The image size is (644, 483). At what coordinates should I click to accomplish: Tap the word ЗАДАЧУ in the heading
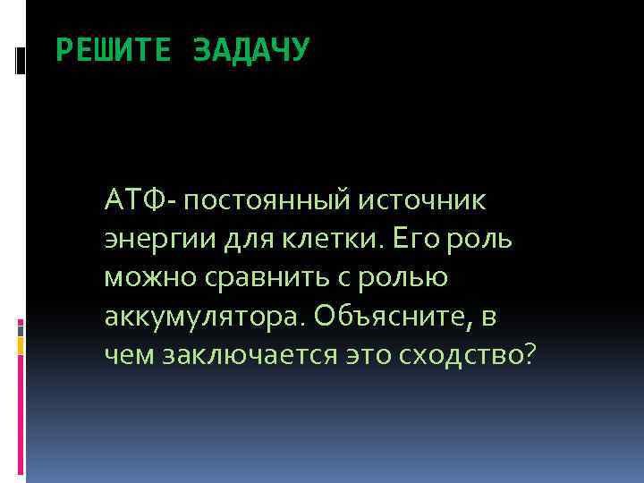250,51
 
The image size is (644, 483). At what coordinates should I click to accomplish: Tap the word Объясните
386,317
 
